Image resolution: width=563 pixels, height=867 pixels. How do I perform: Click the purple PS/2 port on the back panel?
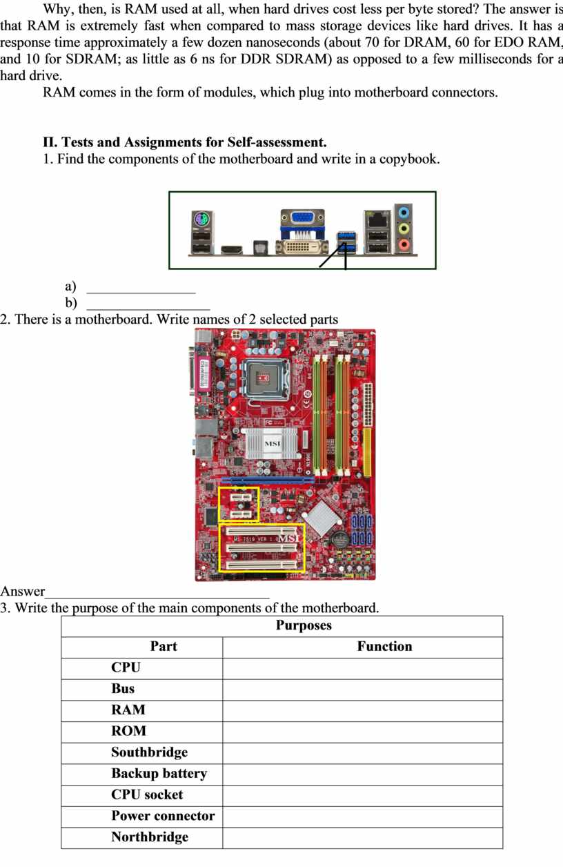(x=201, y=220)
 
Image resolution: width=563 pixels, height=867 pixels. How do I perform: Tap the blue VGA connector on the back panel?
(x=303, y=217)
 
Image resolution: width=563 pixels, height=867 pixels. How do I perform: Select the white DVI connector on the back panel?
(x=302, y=247)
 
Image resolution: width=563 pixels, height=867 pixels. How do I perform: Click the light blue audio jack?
(x=404, y=212)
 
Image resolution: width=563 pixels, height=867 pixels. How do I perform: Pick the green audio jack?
(x=404, y=228)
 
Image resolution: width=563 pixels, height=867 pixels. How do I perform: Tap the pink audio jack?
(x=404, y=244)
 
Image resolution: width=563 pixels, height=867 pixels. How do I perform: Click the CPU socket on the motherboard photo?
(x=265, y=380)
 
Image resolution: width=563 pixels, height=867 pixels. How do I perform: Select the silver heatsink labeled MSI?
(x=271, y=444)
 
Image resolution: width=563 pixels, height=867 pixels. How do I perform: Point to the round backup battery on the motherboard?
(x=339, y=538)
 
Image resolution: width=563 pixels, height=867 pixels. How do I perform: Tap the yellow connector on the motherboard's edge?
(x=367, y=451)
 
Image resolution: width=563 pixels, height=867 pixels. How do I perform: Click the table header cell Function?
(x=384, y=646)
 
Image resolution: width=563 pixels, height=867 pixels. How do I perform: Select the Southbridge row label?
(x=149, y=752)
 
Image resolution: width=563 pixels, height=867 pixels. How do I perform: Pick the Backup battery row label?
(x=159, y=773)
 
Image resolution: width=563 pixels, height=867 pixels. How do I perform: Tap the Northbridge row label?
(x=150, y=837)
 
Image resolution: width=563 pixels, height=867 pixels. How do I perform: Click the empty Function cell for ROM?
(x=362, y=731)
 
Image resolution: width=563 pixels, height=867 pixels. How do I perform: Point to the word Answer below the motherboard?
(x=23, y=591)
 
